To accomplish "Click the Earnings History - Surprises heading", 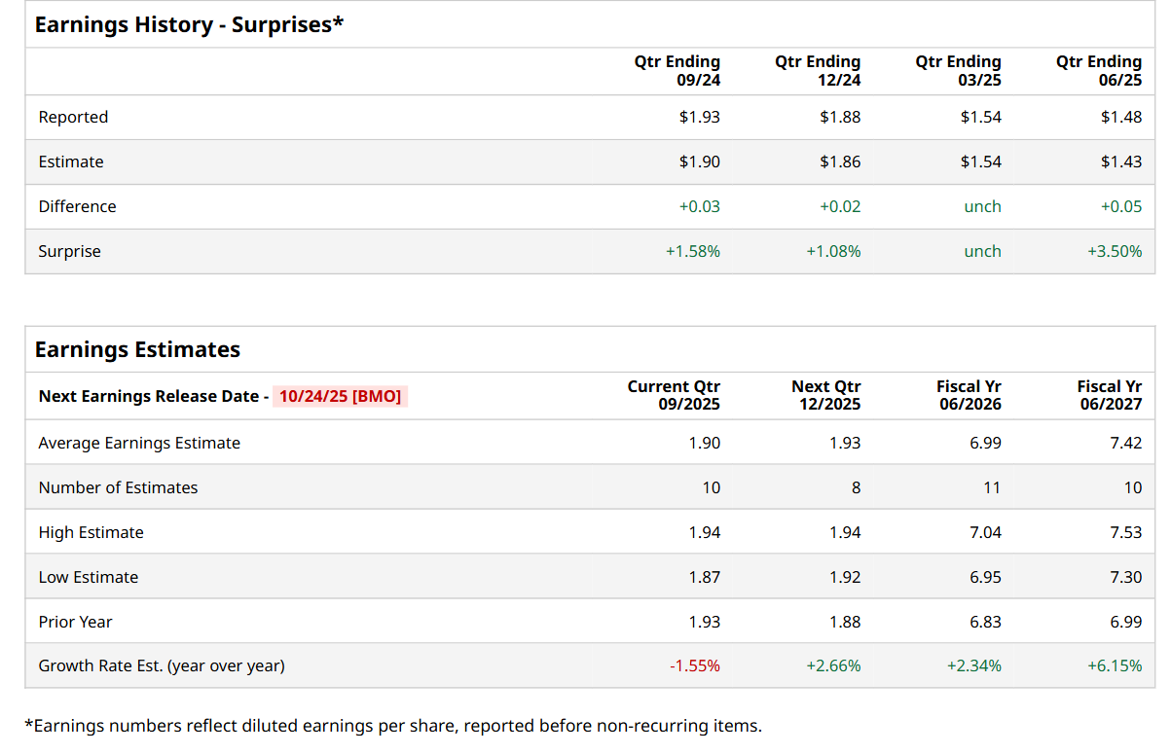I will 189,25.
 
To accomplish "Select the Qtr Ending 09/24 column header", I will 677,71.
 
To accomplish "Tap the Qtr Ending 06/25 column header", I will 1099,71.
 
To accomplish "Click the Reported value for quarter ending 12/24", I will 840,117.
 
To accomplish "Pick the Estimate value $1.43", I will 1121,162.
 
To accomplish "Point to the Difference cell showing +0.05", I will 1121,206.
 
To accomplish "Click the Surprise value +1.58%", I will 693,251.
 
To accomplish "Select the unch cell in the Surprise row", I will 982,251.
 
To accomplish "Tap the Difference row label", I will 77,206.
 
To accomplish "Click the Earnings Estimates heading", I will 137,349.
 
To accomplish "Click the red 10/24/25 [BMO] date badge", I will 340,396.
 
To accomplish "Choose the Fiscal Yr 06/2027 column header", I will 1110,395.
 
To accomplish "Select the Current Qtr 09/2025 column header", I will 674,395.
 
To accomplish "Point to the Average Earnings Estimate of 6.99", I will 985,443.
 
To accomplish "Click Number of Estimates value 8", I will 856,487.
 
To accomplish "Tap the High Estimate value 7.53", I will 1126,532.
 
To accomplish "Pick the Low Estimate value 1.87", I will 705,577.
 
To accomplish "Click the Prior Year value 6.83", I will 985,622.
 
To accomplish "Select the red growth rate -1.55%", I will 695,666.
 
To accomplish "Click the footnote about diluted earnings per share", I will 393,725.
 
